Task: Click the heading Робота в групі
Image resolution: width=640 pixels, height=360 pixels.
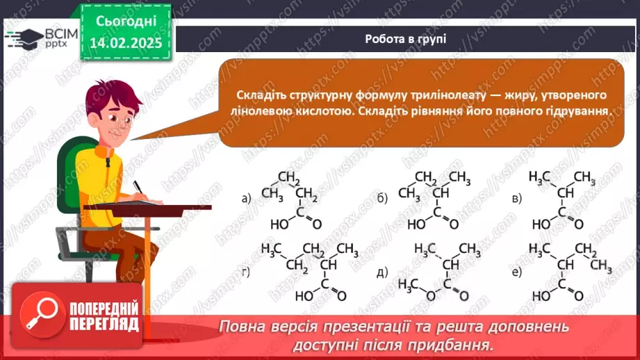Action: [405, 39]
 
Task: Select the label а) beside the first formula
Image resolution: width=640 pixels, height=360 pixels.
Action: [246, 199]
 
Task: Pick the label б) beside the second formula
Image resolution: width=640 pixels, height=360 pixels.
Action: [382, 199]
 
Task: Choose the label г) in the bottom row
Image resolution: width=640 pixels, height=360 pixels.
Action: [246, 271]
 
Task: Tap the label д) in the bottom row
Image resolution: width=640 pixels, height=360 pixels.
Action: [382, 271]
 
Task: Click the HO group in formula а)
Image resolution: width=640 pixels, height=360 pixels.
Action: [279, 224]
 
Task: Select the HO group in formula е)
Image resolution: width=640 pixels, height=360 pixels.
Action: [542, 295]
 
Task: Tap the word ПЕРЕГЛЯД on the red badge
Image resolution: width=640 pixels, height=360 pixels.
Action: [104, 325]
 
